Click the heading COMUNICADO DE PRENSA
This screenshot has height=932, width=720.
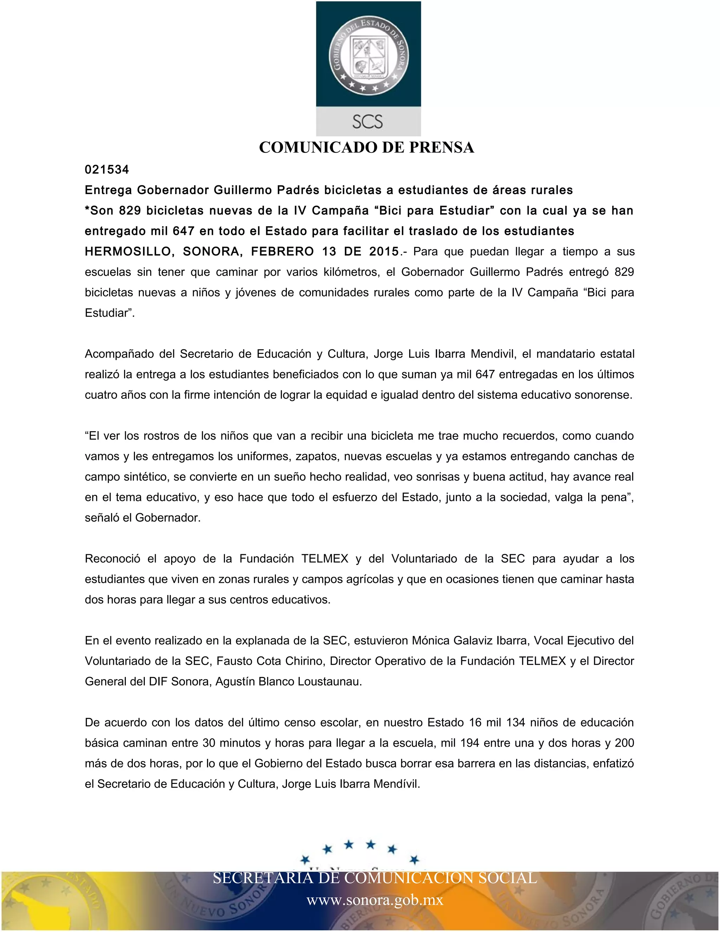pyautogui.click(x=366, y=147)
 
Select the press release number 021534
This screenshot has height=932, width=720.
pyautogui.click(x=107, y=170)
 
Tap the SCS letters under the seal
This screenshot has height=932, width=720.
pyautogui.click(x=368, y=122)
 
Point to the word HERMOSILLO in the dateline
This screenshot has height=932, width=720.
pyautogui.click(x=128, y=251)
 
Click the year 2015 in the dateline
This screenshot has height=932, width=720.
pyautogui.click(x=384, y=251)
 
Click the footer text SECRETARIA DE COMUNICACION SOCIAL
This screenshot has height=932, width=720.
pyautogui.click(x=375, y=878)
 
